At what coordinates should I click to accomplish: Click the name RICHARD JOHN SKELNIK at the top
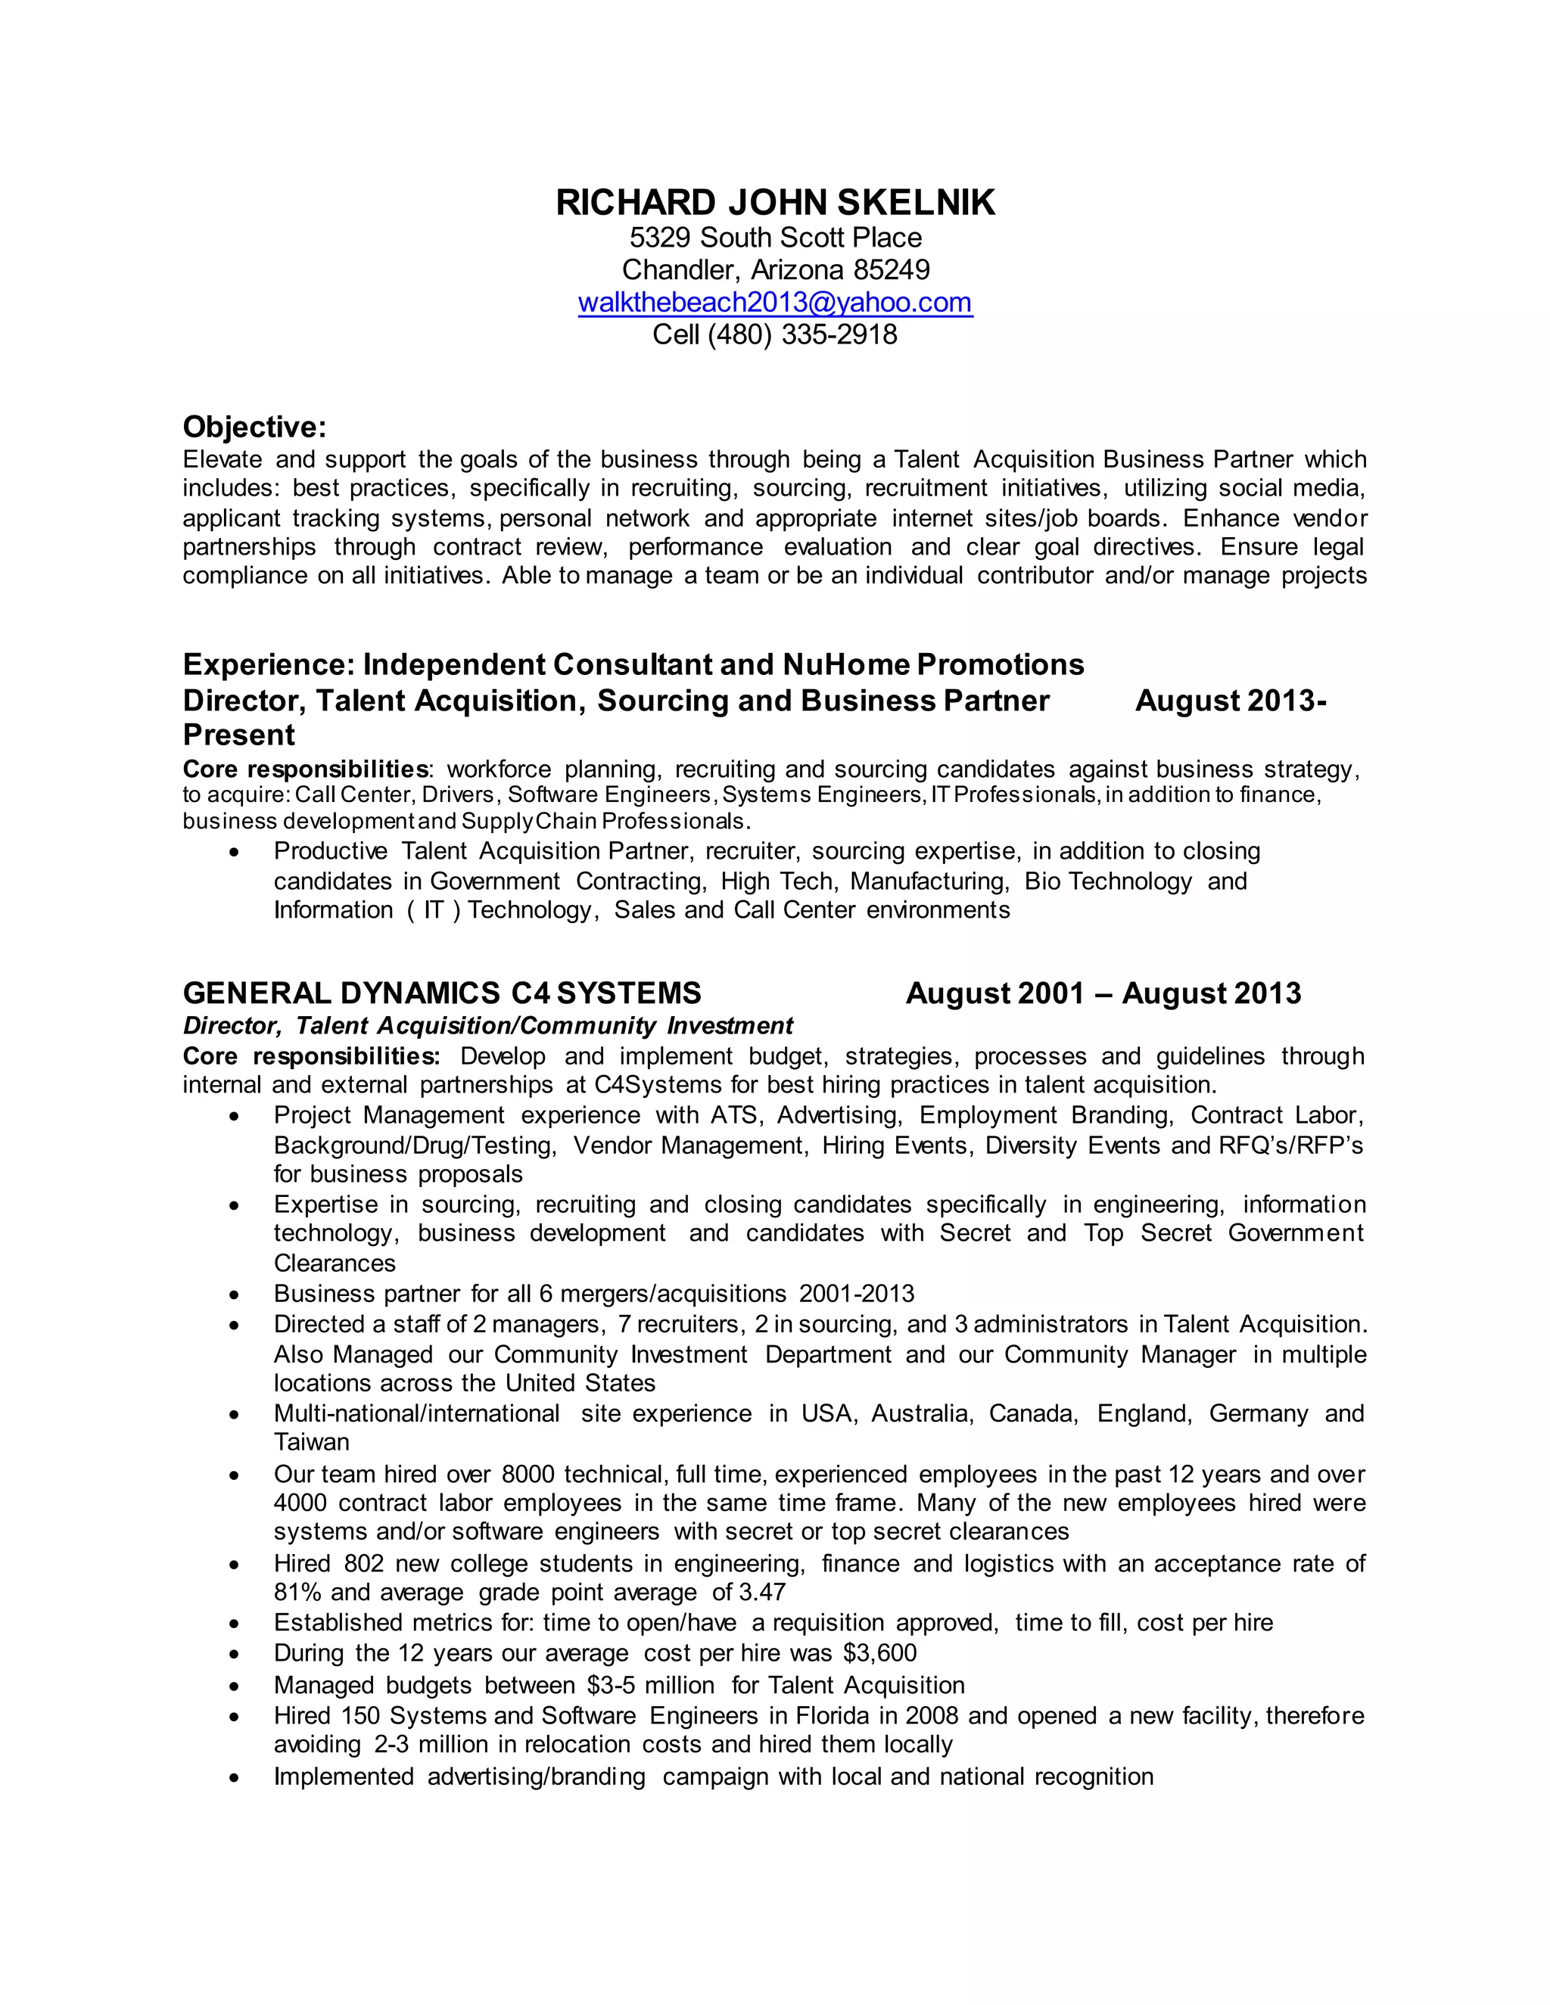(775, 203)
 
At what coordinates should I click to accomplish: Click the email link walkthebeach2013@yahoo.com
(775, 302)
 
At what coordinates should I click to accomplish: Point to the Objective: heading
(254, 427)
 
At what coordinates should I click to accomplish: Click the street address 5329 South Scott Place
(775, 238)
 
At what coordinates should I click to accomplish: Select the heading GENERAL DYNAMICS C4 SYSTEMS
(442, 993)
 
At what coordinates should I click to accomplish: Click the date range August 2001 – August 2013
(1103, 993)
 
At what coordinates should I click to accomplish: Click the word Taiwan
(311, 1442)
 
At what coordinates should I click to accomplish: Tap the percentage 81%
(297, 1592)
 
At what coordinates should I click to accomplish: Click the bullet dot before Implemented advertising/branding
(236, 1777)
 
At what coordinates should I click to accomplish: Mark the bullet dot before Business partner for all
(236, 1295)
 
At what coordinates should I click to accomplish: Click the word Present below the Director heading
(238, 735)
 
